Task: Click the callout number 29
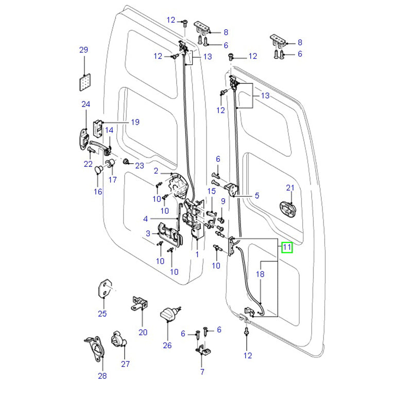click(x=83, y=50)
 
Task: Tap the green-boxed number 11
click(x=287, y=248)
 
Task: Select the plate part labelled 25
click(x=105, y=288)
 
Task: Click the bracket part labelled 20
click(x=139, y=304)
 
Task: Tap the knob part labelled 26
click(x=168, y=313)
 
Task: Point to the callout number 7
click(x=202, y=372)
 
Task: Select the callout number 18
click(x=260, y=274)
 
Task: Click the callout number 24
click(x=85, y=105)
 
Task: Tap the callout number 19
click(x=134, y=122)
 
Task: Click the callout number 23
click(x=140, y=165)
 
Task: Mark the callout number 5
click(x=256, y=196)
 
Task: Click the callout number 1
click(x=197, y=254)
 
